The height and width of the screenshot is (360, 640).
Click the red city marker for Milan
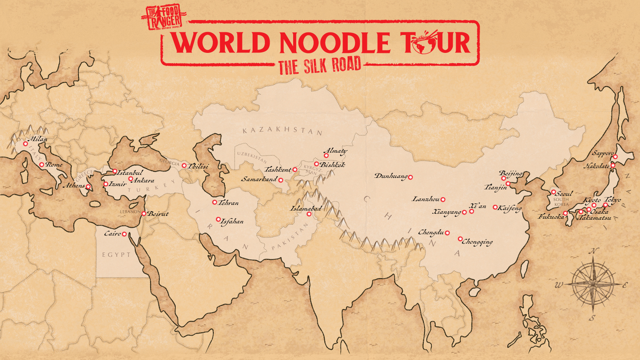click(x=25, y=144)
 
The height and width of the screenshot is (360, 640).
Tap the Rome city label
click(x=54, y=164)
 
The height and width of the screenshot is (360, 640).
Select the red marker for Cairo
click(x=124, y=234)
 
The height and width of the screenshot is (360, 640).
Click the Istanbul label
click(x=130, y=173)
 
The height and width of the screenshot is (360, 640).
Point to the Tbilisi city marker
click(x=184, y=165)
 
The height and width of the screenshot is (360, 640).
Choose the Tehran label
click(x=229, y=203)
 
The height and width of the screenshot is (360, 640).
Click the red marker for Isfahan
click(x=218, y=219)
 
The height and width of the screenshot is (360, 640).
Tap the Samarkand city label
click(x=259, y=179)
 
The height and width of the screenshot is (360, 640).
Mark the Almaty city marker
click(x=326, y=156)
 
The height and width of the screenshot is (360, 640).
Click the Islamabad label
click(x=306, y=209)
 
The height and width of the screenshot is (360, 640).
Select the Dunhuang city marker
click(x=410, y=177)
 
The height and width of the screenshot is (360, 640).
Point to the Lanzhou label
click(x=426, y=199)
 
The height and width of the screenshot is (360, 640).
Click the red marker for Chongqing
click(x=460, y=239)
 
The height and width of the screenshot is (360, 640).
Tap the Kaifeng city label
click(x=510, y=208)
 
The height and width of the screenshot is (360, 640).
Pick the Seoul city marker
click(x=553, y=192)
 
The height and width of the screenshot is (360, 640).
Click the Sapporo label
click(x=603, y=153)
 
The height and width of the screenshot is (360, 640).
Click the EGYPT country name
click(x=116, y=255)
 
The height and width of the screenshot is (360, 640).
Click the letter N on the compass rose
click(x=593, y=251)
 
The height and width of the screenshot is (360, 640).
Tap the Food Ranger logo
click(x=164, y=17)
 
